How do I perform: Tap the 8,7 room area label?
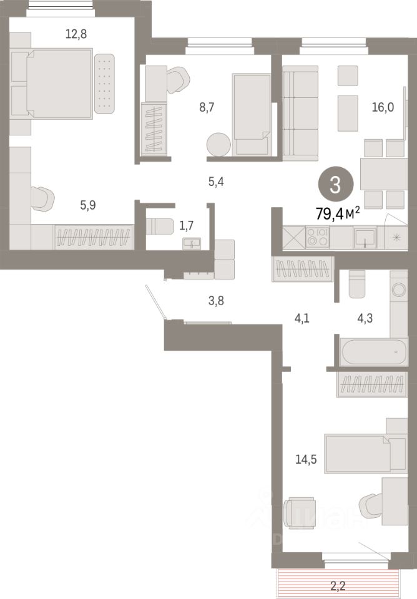[x=207, y=108]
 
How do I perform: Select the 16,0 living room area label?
[x=382, y=107]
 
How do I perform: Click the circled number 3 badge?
[x=336, y=185]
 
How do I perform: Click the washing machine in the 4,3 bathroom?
[x=398, y=289]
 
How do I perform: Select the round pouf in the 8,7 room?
[x=218, y=144]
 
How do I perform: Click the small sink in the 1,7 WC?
[x=191, y=243]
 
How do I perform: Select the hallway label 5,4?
[x=216, y=182]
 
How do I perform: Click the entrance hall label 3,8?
[x=215, y=301]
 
